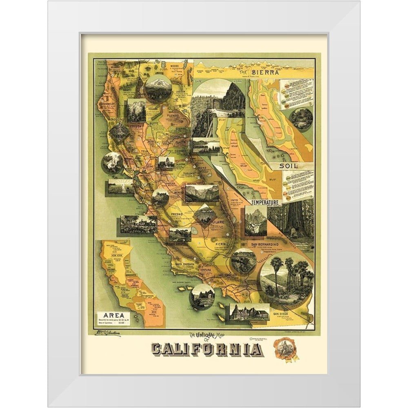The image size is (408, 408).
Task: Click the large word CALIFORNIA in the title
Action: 207,349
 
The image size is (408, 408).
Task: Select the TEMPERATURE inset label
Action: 265,202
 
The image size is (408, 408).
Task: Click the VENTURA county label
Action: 208,270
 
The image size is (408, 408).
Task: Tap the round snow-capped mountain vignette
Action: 158,88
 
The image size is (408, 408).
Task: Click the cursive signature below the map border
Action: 108,333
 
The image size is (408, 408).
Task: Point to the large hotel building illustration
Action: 249,312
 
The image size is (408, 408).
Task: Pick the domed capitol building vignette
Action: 166,162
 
